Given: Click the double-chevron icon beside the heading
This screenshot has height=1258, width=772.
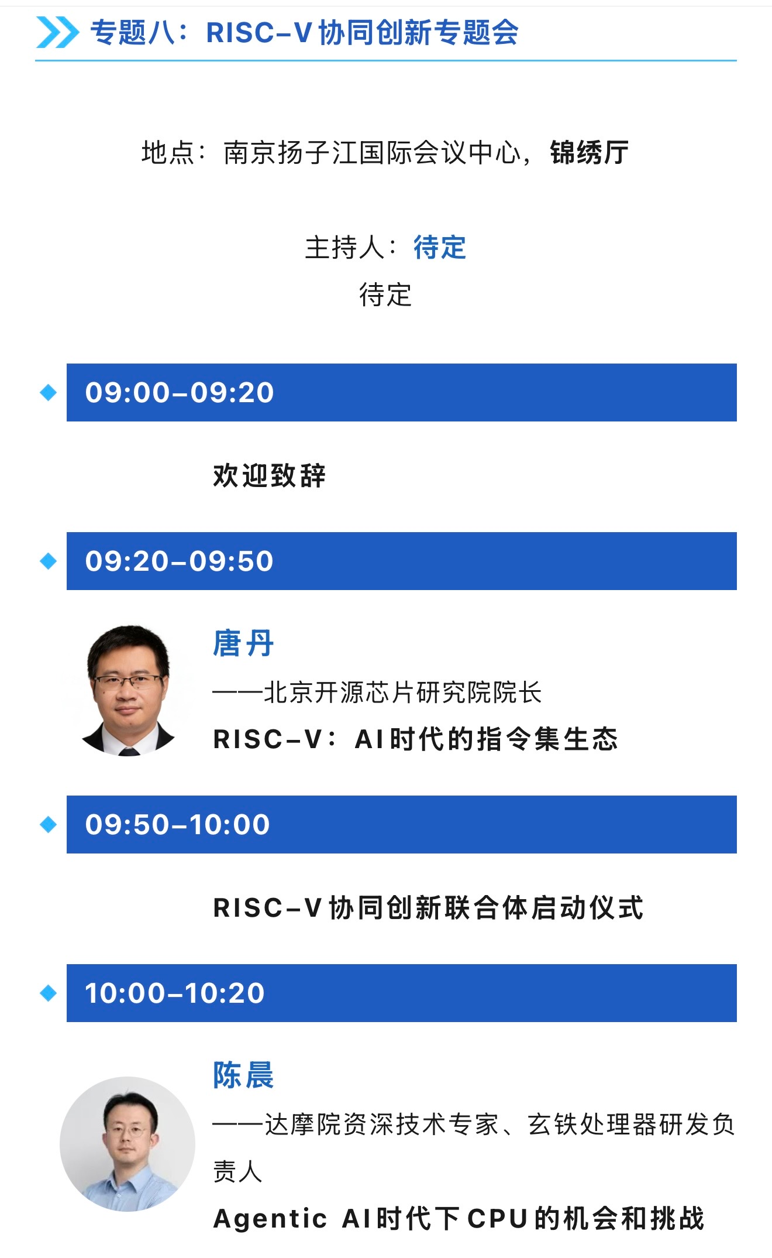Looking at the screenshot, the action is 57,32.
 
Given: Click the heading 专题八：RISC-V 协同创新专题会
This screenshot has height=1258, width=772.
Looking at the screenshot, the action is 304,33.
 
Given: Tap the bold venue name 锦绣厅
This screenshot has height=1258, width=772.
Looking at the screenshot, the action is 589,153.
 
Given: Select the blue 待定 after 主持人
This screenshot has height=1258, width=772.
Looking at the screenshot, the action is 440,247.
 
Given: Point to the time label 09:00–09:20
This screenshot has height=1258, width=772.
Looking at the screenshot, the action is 180,392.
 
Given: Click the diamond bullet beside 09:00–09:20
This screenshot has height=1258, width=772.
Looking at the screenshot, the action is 49,392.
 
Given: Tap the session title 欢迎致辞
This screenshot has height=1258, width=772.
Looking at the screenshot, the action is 270,475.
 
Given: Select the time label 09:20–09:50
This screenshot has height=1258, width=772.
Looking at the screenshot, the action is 180,561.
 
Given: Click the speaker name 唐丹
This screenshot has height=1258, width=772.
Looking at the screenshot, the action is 243,643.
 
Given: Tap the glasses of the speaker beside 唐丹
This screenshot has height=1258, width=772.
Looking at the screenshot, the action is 127,681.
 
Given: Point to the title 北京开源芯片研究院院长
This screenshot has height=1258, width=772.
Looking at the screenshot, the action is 403,693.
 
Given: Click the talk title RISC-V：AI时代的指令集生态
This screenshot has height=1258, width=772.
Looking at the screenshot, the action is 416,739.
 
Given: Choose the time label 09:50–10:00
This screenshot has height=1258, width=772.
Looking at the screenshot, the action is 178,824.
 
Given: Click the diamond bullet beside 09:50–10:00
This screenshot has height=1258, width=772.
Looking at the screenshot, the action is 49,824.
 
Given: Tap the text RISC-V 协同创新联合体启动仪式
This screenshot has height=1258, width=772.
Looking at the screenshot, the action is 428,908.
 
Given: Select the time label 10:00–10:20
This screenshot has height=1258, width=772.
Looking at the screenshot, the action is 175,993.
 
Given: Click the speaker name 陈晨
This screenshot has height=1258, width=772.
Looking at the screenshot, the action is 243,1075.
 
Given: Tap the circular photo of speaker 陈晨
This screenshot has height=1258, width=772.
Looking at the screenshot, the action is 127,1144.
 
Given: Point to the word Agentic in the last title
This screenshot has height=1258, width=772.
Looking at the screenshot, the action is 270,1219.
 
